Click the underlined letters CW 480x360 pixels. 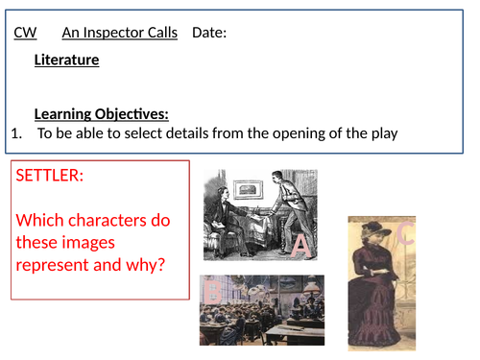26,34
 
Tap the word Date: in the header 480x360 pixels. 209,34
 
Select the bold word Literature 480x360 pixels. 66,60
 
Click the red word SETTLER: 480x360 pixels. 50,178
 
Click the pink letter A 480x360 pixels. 301,248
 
